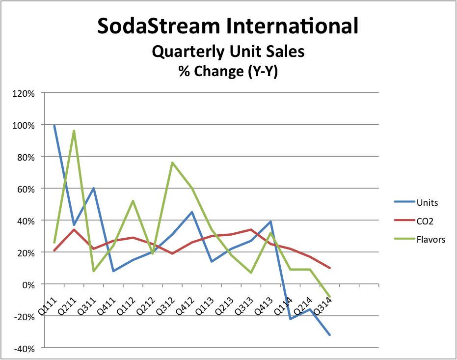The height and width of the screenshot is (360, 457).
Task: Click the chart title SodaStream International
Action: tap(228, 26)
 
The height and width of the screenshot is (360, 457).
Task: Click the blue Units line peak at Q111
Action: tap(54, 126)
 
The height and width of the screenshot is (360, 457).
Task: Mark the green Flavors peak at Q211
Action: tap(74, 131)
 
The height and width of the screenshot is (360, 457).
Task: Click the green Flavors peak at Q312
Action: tap(172, 163)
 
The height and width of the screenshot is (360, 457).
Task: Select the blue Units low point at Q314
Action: tap(329, 335)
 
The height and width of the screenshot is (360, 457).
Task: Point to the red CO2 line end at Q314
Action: tap(329, 268)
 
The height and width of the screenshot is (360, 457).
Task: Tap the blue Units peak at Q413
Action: tap(270, 222)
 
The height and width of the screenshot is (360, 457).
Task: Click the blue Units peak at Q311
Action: tap(93, 188)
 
